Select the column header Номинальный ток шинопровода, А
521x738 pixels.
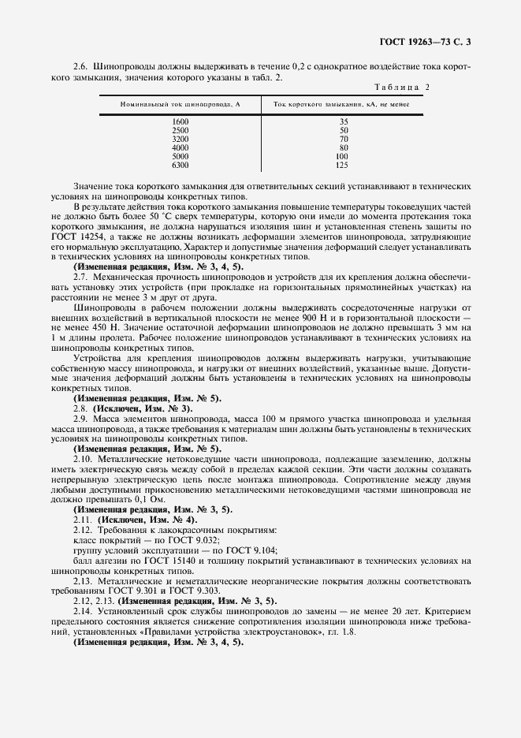click(180, 104)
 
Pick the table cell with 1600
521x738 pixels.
click(180, 122)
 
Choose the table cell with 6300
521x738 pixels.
click(180, 165)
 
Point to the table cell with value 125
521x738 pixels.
click(341, 165)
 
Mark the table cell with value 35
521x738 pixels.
click(343, 122)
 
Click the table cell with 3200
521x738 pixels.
click(180, 139)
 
